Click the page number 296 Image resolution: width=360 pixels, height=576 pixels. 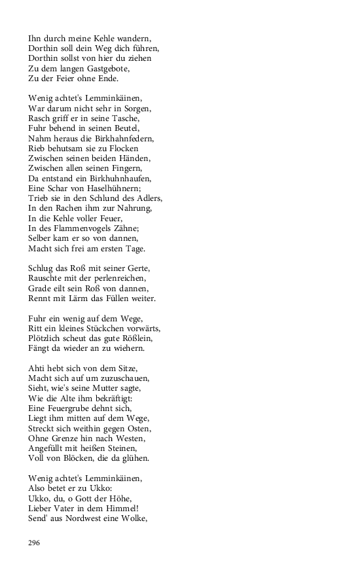(x=34, y=543)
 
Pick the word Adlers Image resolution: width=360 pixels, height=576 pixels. (x=148, y=198)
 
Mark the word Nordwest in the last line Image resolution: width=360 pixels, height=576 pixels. (x=83, y=519)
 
